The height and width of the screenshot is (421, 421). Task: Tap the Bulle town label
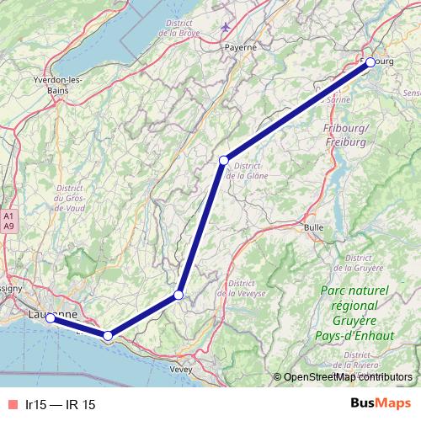point(314,227)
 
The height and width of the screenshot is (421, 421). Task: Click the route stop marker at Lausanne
point(50,318)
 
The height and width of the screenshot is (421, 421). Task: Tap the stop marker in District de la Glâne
point(224,160)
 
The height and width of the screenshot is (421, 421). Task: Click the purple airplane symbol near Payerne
point(225,26)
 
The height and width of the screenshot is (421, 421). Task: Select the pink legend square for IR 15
point(11,405)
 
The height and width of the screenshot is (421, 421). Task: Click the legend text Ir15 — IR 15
point(61,405)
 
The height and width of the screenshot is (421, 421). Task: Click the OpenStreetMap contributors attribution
point(348,377)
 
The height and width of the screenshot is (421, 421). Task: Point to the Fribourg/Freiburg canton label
point(347,135)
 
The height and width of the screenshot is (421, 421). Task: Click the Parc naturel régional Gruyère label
point(356,307)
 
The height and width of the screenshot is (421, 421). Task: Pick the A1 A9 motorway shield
point(8,221)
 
